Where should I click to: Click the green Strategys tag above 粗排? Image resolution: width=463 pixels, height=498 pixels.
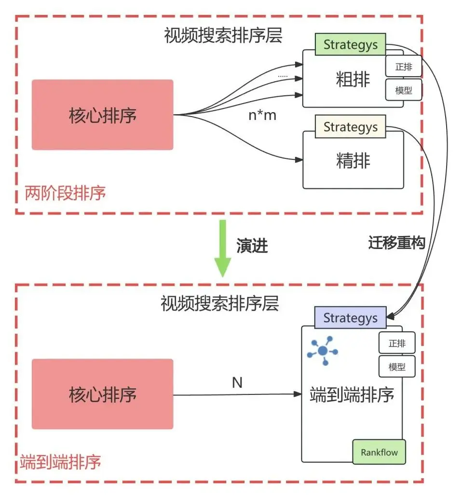coord(350,45)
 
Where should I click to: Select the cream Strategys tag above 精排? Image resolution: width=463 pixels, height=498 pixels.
coord(350,127)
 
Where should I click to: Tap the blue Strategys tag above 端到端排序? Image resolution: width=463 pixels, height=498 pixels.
coord(350,318)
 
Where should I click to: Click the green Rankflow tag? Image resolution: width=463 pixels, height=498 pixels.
coord(379,453)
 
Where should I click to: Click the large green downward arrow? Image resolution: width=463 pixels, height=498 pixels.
coord(222,248)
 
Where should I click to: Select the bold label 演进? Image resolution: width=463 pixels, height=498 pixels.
coord(252,246)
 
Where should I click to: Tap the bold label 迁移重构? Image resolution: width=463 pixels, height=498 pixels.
coord(396,243)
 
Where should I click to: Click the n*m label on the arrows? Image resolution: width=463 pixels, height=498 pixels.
coord(262,116)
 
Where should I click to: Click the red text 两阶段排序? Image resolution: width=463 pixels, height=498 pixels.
coord(65,194)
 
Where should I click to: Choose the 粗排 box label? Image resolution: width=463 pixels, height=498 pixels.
coord(353,79)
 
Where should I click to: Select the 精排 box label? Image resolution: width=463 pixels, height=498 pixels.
coord(353,160)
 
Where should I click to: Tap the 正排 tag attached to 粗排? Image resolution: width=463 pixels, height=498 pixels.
coord(404,67)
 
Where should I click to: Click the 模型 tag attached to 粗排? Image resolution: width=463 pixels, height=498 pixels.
coord(404,90)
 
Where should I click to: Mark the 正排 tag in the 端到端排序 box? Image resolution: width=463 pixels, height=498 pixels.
coord(397,343)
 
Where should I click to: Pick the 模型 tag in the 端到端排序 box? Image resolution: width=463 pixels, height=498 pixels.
coord(397,367)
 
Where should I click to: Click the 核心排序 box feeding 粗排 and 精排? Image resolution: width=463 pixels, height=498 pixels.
coord(102,115)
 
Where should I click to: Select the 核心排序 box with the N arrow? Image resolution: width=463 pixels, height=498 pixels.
coord(102,394)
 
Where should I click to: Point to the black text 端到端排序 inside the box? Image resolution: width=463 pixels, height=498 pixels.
coord(352,395)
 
